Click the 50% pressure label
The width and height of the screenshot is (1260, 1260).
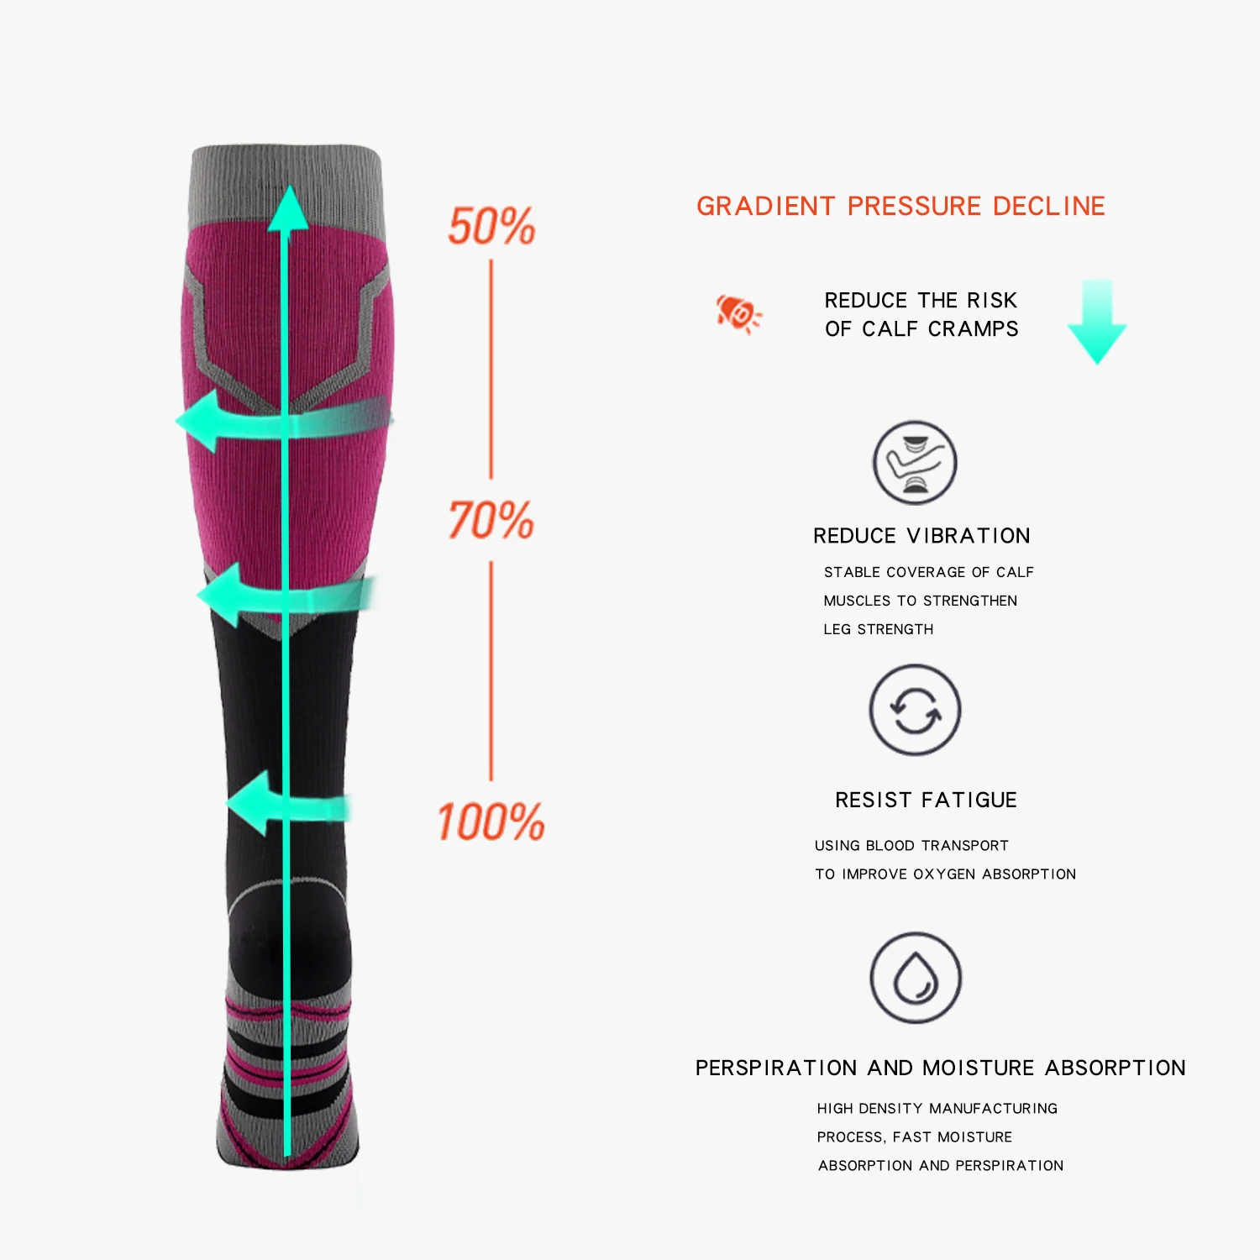[x=491, y=227]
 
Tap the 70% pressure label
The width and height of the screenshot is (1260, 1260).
[x=491, y=520]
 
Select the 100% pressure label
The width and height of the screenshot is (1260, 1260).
[x=491, y=822]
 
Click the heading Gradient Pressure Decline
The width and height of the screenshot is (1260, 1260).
[x=900, y=206]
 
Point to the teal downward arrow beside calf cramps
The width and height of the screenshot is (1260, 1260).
[x=1097, y=322]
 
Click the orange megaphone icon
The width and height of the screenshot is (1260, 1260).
[x=738, y=313]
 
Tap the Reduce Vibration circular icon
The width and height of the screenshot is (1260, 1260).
[x=915, y=463]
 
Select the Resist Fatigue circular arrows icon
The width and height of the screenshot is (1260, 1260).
[x=915, y=711]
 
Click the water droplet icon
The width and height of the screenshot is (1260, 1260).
[x=915, y=978]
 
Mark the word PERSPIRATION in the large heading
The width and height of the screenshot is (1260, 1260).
[x=776, y=1068]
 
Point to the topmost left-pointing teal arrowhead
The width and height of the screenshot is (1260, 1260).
[x=200, y=421]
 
